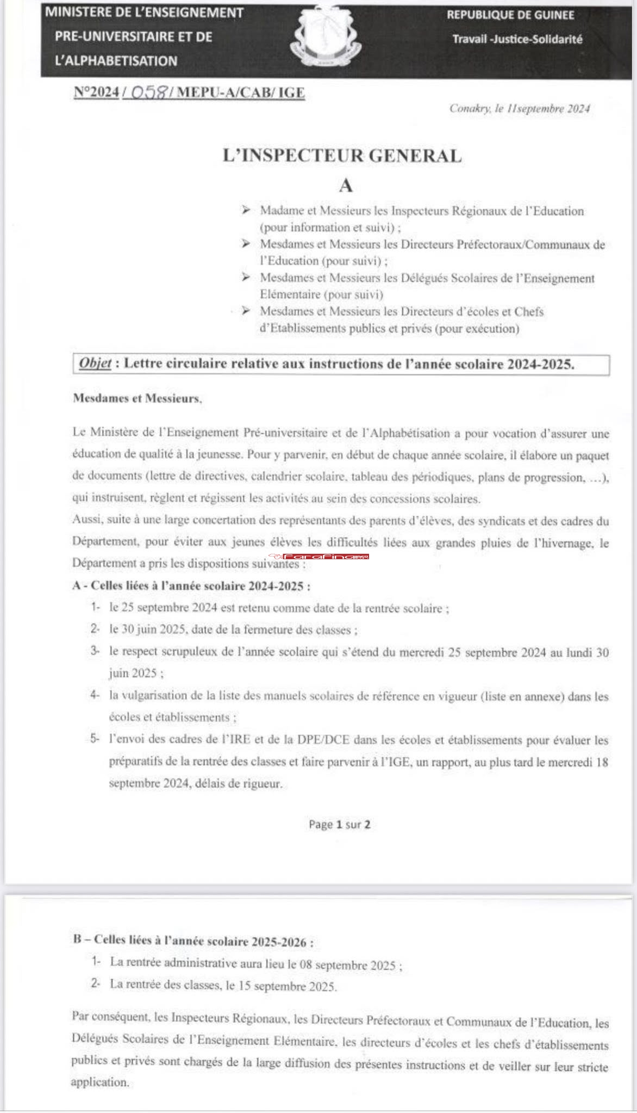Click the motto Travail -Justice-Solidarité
click(x=517, y=39)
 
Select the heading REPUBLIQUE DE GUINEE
click(x=510, y=15)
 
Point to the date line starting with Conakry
click(x=519, y=109)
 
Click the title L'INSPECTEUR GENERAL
click(x=342, y=156)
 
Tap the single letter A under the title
click(x=346, y=186)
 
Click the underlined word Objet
click(x=95, y=364)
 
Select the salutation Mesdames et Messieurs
click(x=137, y=398)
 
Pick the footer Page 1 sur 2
click(x=340, y=824)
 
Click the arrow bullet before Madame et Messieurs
click(x=246, y=210)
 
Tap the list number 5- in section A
click(x=95, y=739)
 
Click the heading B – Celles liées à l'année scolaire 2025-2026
click(x=193, y=941)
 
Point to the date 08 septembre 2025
click(x=347, y=965)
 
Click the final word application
click(x=100, y=1081)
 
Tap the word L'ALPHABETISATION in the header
click(x=116, y=61)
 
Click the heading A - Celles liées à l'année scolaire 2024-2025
click(x=191, y=586)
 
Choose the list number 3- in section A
click(x=95, y=651)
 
